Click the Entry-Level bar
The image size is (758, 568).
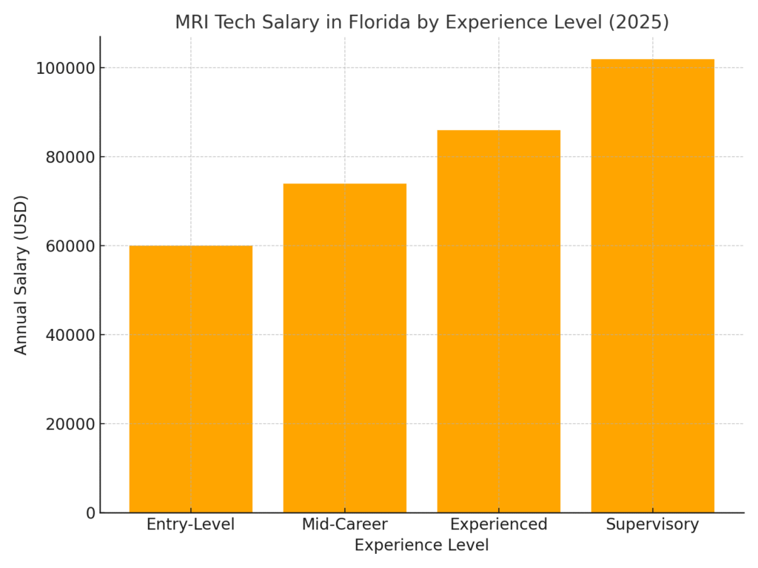[x=190, y=379]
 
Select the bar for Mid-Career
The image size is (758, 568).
[x=344, y=348]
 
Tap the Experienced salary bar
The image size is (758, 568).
[x=498, y=321]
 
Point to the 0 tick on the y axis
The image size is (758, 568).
[x=91, y=513]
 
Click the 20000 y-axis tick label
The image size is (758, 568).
[x=66, y=424]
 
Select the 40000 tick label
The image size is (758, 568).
[x=66, y=335]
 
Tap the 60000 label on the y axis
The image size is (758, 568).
[x=66, y=246]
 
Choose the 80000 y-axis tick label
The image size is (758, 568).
[x=66, y=157]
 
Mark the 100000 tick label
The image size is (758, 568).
[x=61, y=68]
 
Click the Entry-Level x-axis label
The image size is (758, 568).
[x=190, y=524]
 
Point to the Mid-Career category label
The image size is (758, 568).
[x=344, y=524]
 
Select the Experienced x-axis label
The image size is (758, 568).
[x=498, y=524]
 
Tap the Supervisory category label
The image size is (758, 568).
[x=652, y=524]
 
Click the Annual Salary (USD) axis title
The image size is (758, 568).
[x=21, y=274]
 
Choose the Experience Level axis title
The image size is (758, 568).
[x=421, y=545]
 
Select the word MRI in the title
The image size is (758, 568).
[x=191, y=22]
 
